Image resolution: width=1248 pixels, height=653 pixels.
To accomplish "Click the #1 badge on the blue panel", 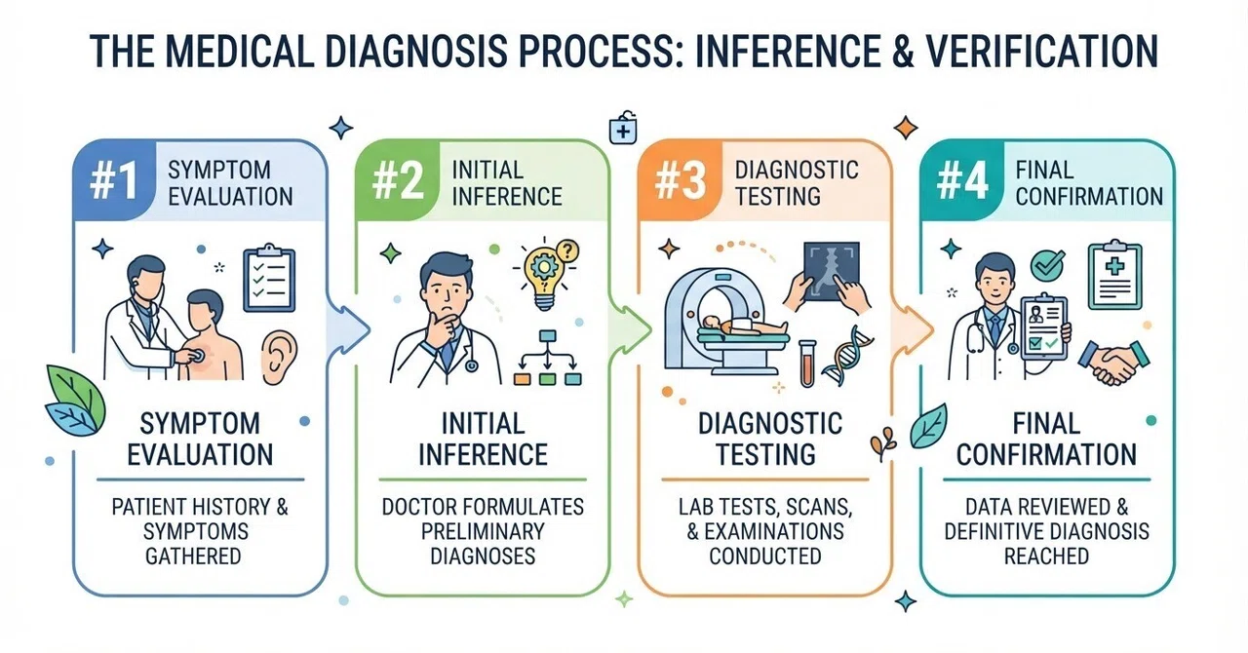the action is pos(114,181).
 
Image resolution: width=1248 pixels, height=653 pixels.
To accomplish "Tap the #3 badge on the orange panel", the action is pos(680,181).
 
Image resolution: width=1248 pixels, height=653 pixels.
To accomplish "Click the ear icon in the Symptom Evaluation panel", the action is pos(279,357).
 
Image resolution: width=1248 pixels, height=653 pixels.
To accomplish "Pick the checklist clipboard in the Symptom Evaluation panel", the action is pos(269,278).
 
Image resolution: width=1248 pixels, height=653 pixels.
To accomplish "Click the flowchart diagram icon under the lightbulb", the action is pos(548,358).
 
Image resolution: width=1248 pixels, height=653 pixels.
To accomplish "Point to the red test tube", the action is pos(806,364).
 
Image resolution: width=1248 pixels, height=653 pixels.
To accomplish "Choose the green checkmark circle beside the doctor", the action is pos(1047,265).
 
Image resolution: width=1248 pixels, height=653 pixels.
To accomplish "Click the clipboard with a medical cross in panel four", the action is pos(1114,275).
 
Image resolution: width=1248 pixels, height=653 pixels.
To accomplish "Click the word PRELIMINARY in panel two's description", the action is pos(483,531).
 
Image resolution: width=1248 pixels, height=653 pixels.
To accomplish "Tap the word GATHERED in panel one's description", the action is pos(193,557).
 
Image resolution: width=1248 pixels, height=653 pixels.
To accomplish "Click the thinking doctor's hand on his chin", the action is pos(442,328).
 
